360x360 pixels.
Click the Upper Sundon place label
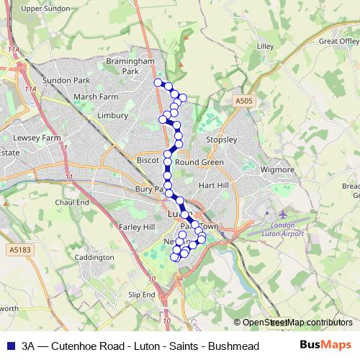(x=46, y=8)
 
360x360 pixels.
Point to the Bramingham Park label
(x=130, y=67)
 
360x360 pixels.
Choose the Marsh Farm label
(x=95, y=96)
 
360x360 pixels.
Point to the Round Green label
(x=199, y=163)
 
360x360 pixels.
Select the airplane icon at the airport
(x=282, y=215)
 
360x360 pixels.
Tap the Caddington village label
(x=94, y=257)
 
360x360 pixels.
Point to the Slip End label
(x=142, y=295)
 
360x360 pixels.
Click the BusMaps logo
(x=325, y=345)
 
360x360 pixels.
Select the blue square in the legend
(x=9, y=345)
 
